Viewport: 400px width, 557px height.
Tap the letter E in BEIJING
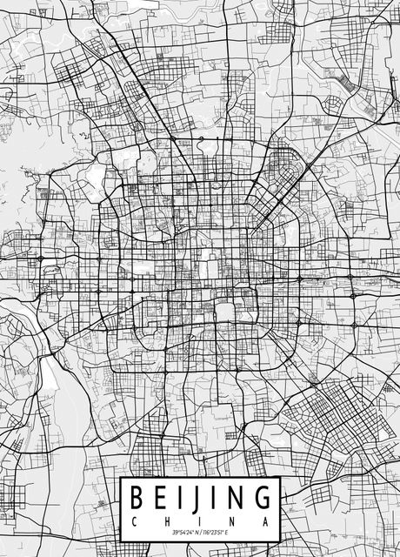pos(157,499)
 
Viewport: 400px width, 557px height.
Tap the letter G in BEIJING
pos(258,499)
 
